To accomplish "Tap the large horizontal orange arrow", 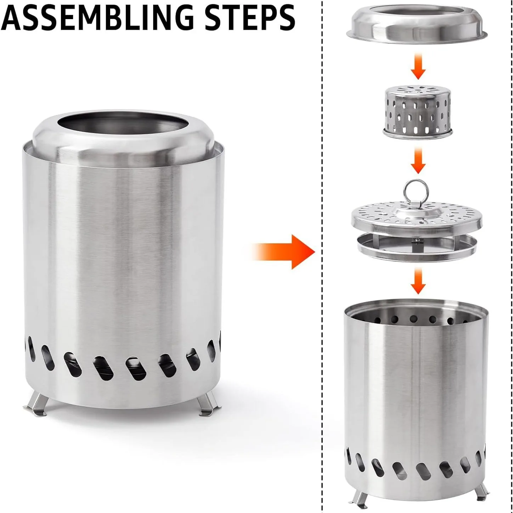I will (283, 252).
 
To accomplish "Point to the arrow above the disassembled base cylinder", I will (418, 281).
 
